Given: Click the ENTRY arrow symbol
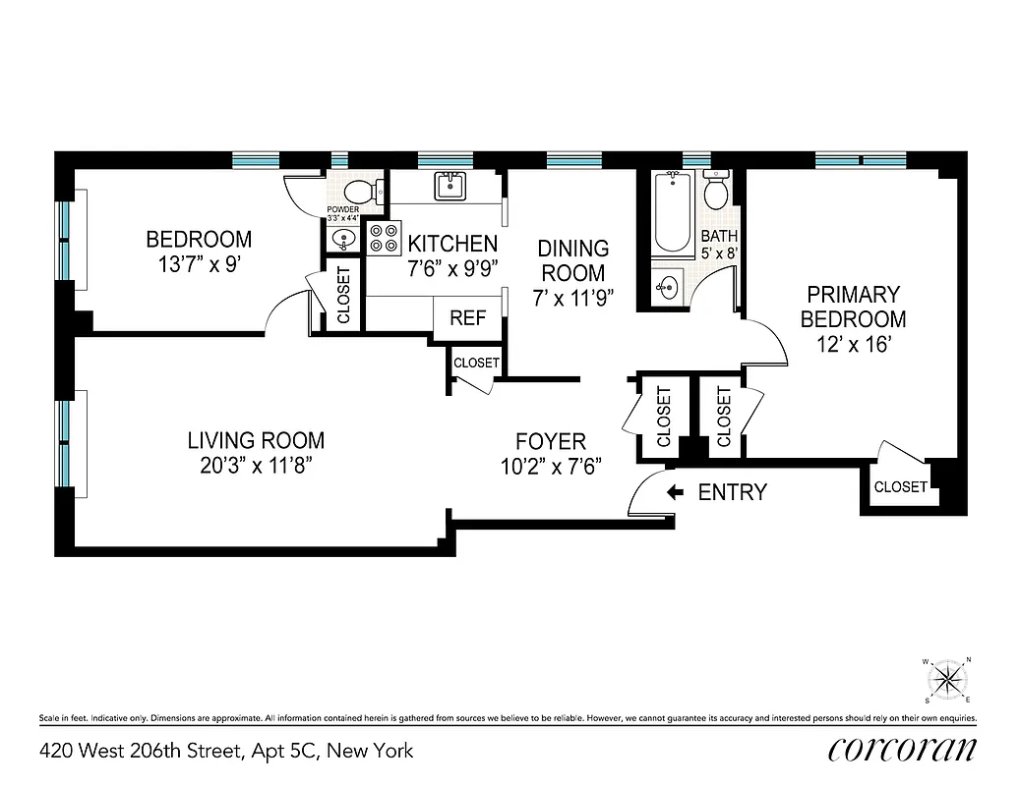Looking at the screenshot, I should pos(676,492).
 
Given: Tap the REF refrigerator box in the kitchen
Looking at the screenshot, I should pos(467,318).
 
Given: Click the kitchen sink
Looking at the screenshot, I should pos(450,184).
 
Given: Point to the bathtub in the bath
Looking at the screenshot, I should pos(673,211).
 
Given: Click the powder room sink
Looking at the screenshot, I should pos(342,239).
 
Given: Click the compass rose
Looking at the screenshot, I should pos(948,679).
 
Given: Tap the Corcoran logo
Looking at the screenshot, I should pos(903,750).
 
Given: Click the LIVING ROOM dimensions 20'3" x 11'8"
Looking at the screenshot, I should pos(257,466).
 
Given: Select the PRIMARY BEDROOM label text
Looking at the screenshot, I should pos(853,307).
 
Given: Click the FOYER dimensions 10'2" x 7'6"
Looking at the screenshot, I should pos(551,467).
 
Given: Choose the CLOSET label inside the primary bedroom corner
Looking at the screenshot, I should pos(900,486).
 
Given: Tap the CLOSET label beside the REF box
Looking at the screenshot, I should pos(476,363).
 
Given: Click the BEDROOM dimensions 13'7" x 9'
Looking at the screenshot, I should pos(199,264).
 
